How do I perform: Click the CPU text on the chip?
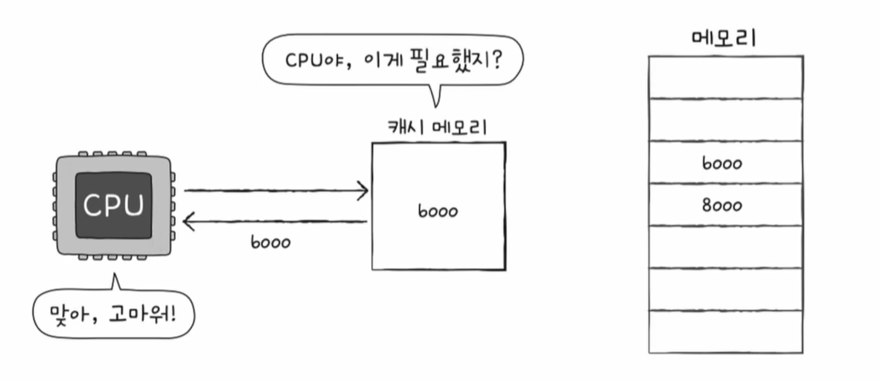point(114,206)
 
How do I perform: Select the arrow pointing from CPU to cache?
point(276,190)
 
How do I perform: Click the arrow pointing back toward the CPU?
point(276,222)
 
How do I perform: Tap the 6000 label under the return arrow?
point(271,242)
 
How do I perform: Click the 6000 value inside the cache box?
point(437,209)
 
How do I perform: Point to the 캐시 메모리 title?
point(438,127)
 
